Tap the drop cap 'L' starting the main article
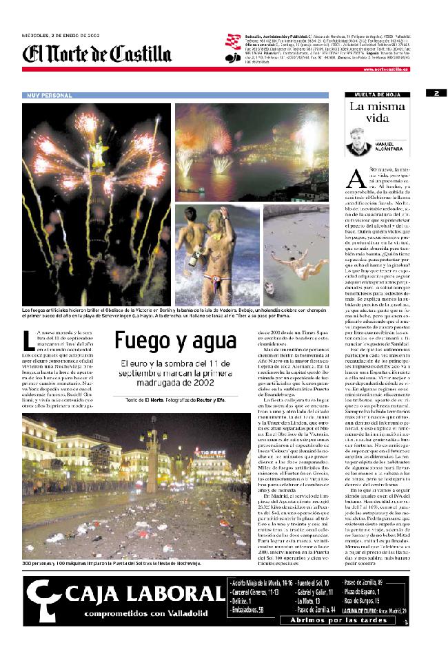tap(28, 341)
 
